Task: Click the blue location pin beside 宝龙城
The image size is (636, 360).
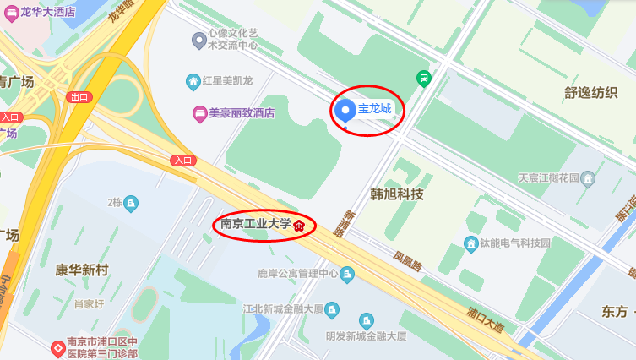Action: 345,111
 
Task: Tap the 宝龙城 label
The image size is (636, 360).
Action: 375,109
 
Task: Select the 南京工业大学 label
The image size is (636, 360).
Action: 255,225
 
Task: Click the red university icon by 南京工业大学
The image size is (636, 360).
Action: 298,226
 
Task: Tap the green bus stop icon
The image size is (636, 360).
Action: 423,79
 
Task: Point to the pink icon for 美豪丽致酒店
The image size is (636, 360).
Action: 199,112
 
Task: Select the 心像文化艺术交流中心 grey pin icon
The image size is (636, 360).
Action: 199,39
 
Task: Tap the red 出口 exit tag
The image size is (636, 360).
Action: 79,97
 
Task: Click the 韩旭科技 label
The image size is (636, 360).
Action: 397,194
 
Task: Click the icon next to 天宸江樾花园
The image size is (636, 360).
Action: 588,178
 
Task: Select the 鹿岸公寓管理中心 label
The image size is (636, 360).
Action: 297,274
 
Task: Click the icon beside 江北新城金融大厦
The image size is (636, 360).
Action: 332,309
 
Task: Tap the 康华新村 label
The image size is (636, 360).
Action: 82,270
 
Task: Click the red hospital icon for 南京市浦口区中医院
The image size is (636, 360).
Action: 57,346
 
